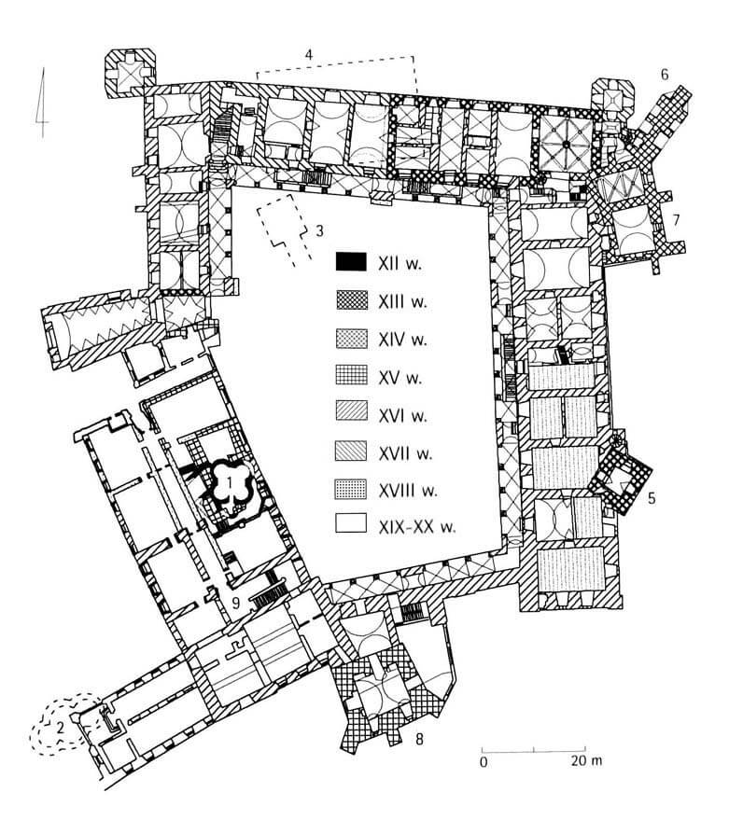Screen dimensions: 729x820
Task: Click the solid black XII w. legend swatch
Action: pyautogui.click(x=351, y=262)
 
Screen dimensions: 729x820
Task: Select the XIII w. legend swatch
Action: pyautogui.click(x=351, y=300)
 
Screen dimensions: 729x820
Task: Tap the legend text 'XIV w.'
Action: pyautogui.click(x=402, y=340)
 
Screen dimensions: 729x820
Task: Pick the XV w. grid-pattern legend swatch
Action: pyautogui.click(x=351, y=375)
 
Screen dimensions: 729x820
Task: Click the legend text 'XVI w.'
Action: pyautogui.click(x=402, y=416)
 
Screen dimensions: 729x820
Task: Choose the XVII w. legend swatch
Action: pyautogui.click(x=351, y=452)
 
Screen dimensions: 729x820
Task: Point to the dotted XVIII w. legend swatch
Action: pyautogui.click(x=351, y=489)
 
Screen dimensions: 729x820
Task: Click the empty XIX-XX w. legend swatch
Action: pyautogui.click(x=351, y=523)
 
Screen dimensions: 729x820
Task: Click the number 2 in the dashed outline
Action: pyautogui.click(x=60, y=726)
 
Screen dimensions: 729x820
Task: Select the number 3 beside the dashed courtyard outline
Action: pyautogui.click(x=320, y=230)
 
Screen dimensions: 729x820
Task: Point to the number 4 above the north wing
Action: pyautogui.click(x=309, y=54)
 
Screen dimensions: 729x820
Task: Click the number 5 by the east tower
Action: pyautogui.click(x=651, y=498)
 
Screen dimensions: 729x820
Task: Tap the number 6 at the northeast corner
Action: pyautogui.click(x=664, y=75)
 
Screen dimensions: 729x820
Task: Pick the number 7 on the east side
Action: pyautogui.click(x=676, y=220)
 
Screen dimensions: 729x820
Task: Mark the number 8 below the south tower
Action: pyautogui.click(x=419, y=739)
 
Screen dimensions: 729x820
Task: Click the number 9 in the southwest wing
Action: pyautogui.click(x=236, y=603)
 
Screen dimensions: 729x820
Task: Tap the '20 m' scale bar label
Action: pyautogui.click(x=586, y=760)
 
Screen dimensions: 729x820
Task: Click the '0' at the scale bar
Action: pyautogui.click(x=484, y=761)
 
